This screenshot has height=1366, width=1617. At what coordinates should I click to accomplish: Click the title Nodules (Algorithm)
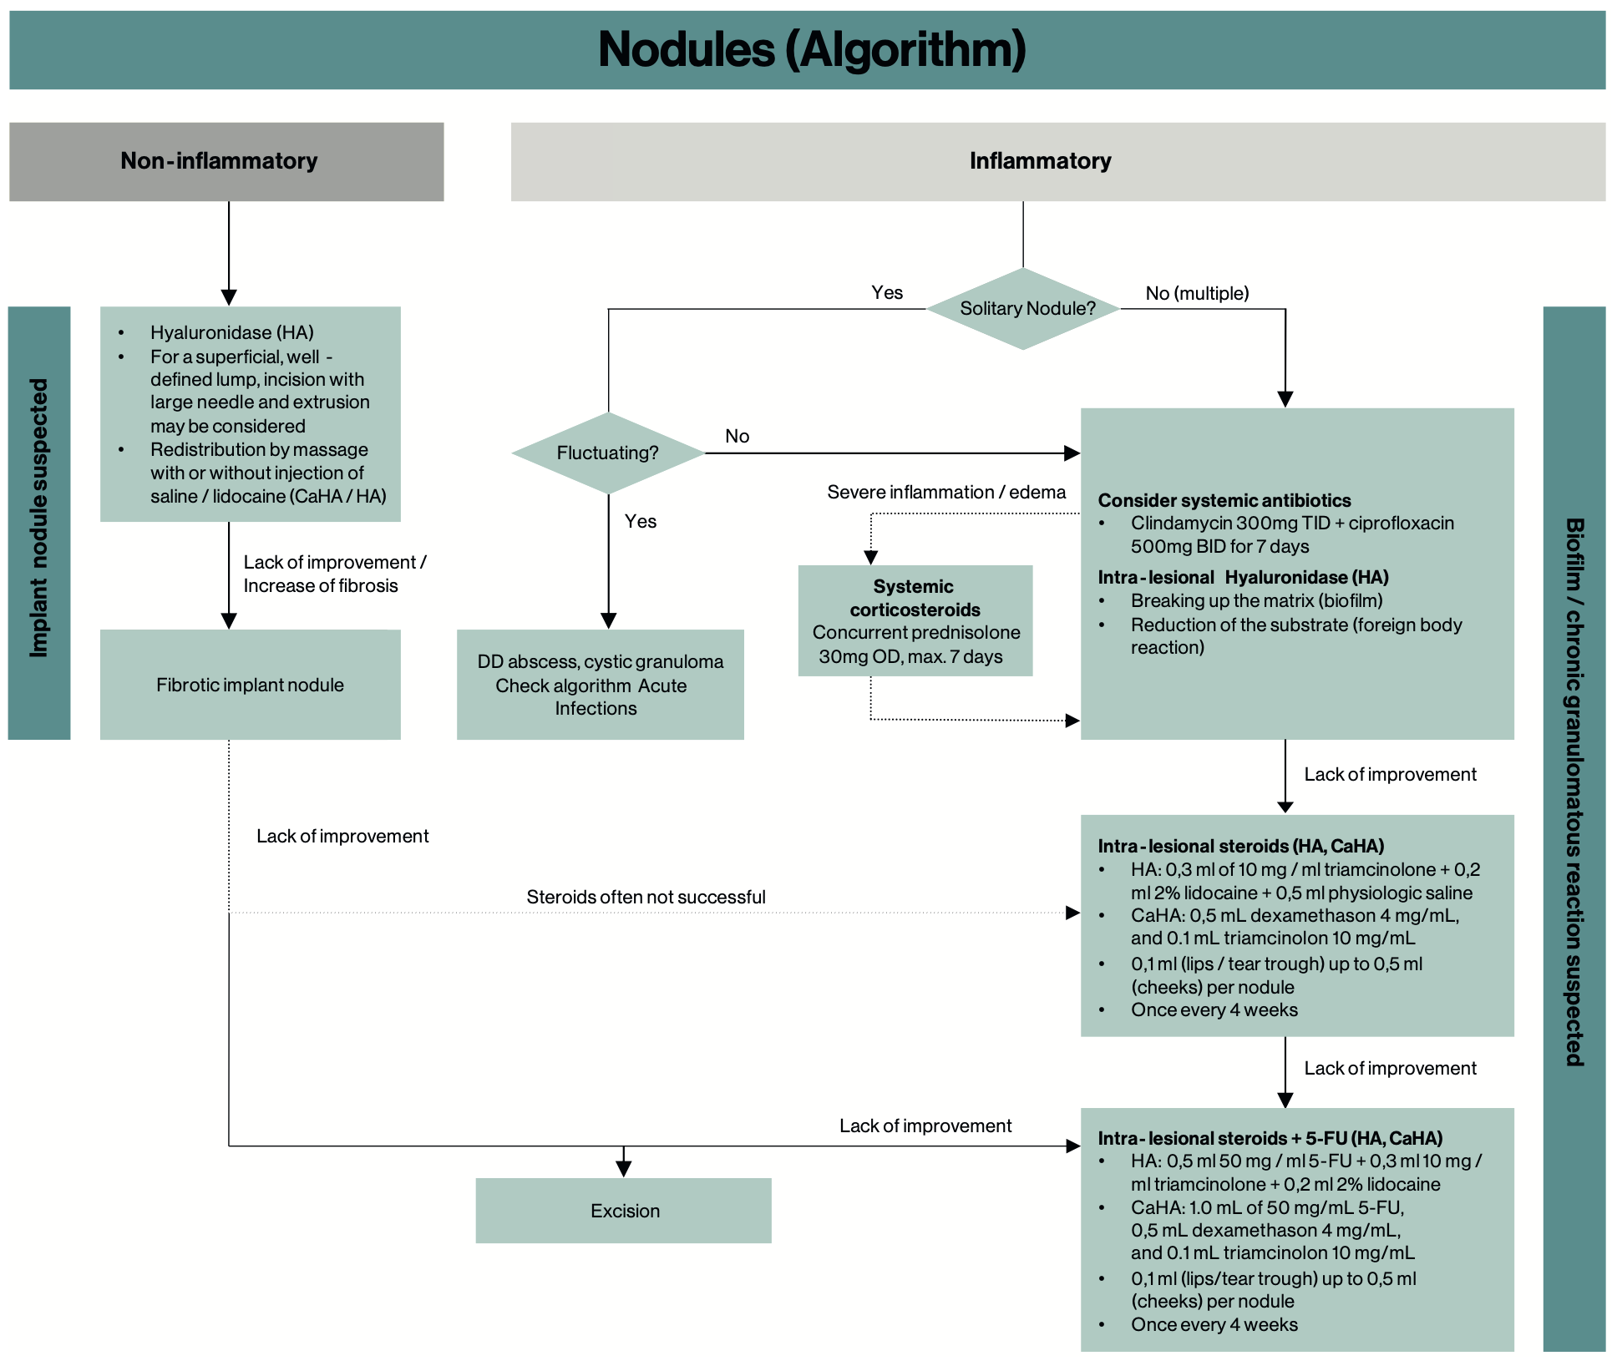pos(812,49)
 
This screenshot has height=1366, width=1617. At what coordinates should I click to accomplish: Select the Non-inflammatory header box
pos(226,162)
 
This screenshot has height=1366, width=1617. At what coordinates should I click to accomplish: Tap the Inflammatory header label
pos(1040,160)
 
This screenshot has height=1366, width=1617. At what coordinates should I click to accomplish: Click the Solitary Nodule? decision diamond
pos(1023,309)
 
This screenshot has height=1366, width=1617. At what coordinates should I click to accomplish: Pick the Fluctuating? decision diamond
pos(608,453)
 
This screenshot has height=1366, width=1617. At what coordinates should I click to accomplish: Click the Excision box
pos(623,1211)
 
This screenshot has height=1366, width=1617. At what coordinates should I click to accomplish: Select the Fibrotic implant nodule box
pos(251,685)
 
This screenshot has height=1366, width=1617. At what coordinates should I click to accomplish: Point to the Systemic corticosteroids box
pos(915,620)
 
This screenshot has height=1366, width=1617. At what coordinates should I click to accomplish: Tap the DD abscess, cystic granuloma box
pos(601,685)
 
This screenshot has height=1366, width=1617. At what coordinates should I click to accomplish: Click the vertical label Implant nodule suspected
pos(39,519)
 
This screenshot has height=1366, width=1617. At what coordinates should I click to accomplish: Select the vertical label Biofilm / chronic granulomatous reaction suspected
pos(1574,792)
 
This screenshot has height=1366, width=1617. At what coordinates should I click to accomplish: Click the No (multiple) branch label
pos(1197,293)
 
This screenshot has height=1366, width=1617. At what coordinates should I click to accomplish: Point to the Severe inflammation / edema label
pos(946,492)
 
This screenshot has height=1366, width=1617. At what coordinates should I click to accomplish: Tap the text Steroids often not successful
pos(646,897)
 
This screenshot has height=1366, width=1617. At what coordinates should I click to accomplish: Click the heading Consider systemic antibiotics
pos(1224,500)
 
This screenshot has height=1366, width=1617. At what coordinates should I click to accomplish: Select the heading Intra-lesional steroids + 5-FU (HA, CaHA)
pos(1270,1138)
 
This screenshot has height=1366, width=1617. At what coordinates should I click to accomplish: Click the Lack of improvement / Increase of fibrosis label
pos(335,574)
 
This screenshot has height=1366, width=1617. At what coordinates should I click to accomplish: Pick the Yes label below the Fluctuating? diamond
pos(641,521)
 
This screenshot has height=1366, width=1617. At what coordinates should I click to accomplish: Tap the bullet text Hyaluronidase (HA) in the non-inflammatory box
pos(232,332)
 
